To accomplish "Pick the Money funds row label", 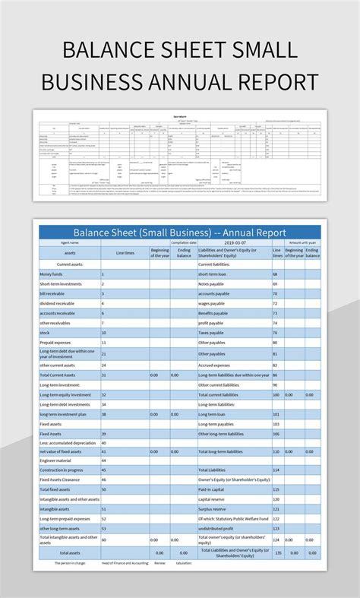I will [x=51, y=274].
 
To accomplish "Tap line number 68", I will [x=276, y=274].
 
